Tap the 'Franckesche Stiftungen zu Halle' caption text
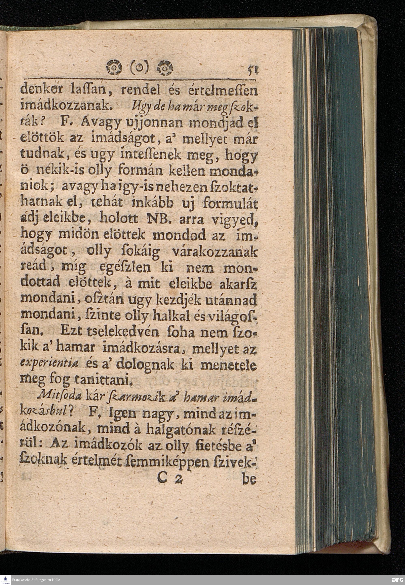36,580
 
